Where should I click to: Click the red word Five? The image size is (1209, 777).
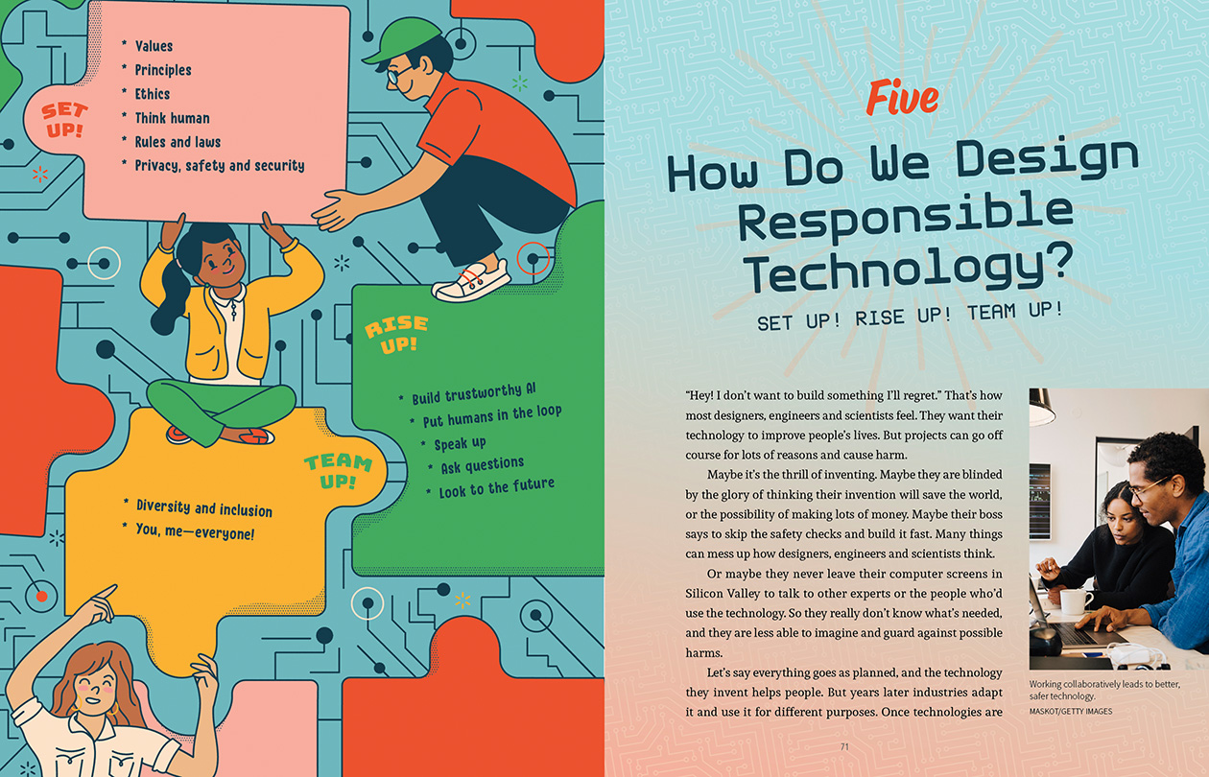(902, 97)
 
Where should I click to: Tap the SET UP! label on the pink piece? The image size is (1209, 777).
(64, 120)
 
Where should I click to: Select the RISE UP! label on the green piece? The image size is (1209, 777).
(396, 335)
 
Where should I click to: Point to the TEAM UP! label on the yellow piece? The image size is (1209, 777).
(339, 471)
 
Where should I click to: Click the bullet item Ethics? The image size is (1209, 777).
(153, 94)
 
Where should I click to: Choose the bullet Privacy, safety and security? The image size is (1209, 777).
(219, 166)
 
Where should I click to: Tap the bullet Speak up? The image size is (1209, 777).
(460, 443)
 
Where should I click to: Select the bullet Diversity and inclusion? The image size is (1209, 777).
(204, 507)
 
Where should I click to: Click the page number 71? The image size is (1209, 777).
(844, 746)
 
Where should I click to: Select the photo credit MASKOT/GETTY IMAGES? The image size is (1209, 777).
(1071, 711)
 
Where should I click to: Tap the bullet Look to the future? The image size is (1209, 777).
(496, 487)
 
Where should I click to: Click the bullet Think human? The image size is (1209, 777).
(172, 118)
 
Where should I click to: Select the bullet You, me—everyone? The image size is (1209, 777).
(195, 531)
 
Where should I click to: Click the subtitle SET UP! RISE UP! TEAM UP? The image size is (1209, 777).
(910, 317)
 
